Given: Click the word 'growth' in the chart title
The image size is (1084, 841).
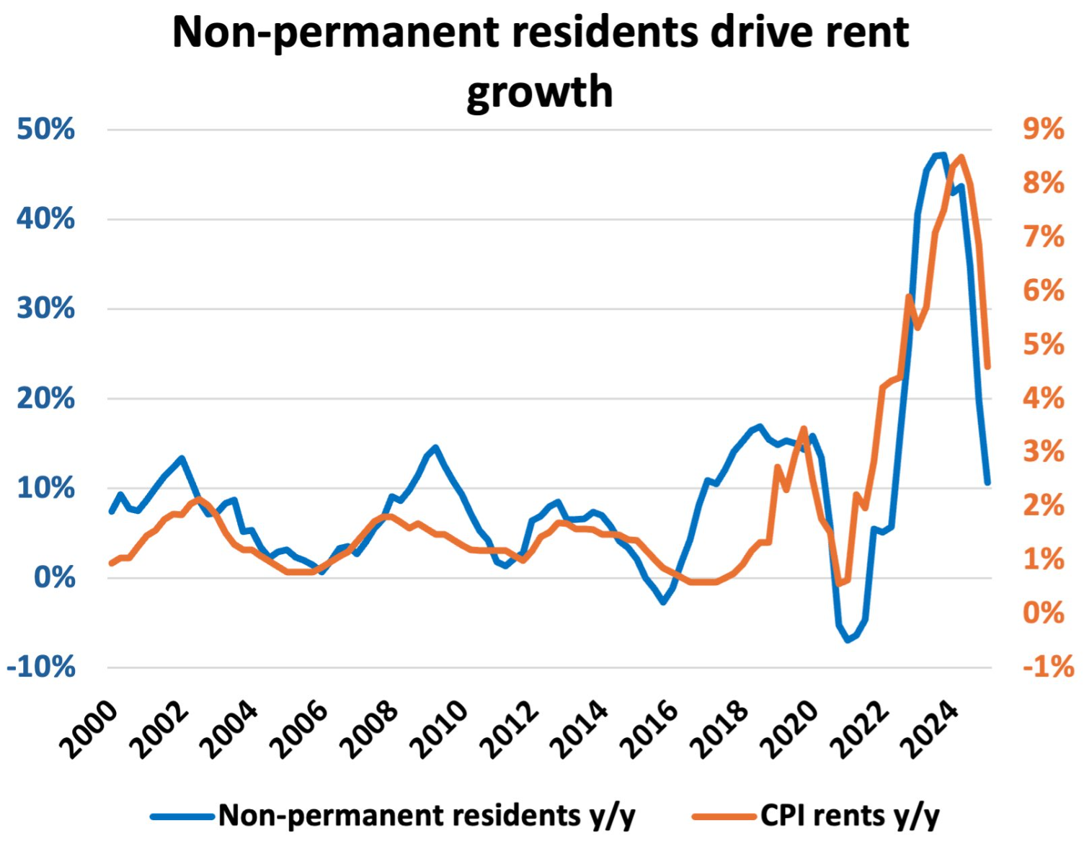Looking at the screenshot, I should (540, 92).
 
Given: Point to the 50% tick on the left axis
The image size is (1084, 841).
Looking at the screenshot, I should (46, 130).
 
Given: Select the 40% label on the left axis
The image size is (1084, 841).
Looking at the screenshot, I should (46, 219).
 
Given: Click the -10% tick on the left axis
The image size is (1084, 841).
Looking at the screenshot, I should (41, 667).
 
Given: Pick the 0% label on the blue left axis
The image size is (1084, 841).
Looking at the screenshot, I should (55, 578).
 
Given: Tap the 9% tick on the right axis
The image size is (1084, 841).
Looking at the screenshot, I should (1043, 130).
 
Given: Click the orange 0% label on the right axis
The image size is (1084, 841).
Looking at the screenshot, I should (1043, 613).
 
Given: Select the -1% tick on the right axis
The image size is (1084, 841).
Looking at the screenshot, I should (1048, 667).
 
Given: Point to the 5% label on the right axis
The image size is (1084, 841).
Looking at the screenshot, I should (1043, 344).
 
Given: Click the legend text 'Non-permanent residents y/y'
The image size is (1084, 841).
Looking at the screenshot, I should (427, 816).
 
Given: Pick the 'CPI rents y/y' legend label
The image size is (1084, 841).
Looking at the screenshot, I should (850, 816).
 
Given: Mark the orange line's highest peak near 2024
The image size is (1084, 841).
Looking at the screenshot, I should (961, 157).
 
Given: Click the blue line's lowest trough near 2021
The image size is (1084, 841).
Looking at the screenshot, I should (848, 640).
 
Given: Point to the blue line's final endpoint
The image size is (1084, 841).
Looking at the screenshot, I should (987, 483).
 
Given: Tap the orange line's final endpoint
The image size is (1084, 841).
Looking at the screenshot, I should (987, 367).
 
